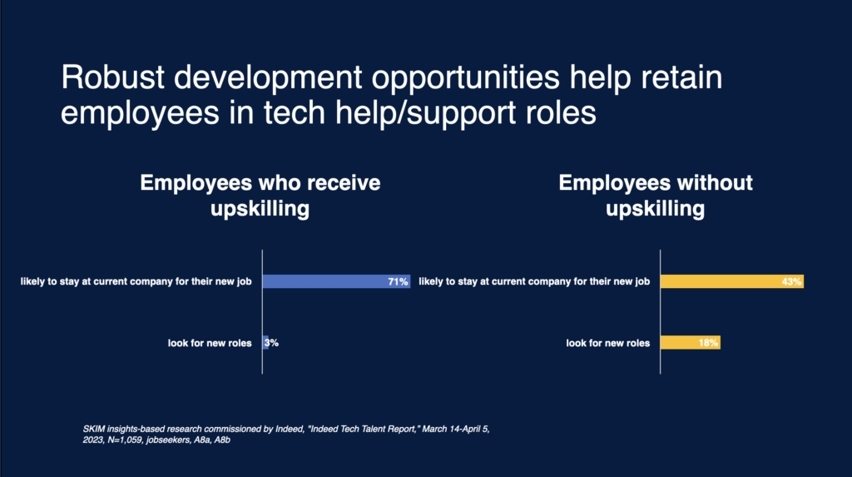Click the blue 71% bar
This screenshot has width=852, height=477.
tap(336, 281)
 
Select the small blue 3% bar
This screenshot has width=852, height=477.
tap(265, 343)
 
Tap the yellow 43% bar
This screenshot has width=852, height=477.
tap(732, 281)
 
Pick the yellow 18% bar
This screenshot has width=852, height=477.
tap(691, 343)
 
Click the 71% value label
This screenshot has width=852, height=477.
tap(398, 281)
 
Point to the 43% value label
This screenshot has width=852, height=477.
tap(791, 281)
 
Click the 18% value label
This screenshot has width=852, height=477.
tap(708, 343)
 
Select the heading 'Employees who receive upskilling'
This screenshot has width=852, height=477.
tap(260, 196)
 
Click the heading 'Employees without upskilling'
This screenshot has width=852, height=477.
tap(656, 196)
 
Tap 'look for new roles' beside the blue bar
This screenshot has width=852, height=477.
tap(210, 343)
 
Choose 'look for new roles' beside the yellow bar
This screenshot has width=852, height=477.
tap(608, 343)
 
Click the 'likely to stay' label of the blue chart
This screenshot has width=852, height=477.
tap(136, 281)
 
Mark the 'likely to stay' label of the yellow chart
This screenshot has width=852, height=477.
tap(534, 281)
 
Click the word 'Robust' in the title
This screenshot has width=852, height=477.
tap(112, 77)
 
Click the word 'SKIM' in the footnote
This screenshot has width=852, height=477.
tap(93, 430)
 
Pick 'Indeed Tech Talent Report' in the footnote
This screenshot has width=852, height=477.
tap(364, 430)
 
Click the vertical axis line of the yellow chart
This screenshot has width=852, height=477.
tap(660, 311)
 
